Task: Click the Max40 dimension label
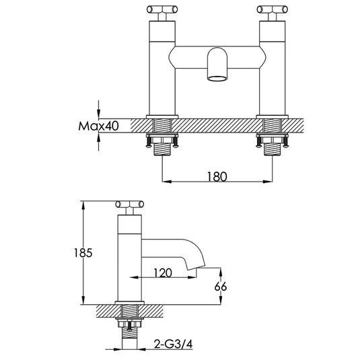tap(98, 126)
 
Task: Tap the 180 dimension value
tap(217, 176)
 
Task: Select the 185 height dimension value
tap(83, 253)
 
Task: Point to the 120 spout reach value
tap(163, 273)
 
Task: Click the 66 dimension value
tap(221, 287)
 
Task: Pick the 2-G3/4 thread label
tap(174, 344)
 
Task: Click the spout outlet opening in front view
tap(217, 79)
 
